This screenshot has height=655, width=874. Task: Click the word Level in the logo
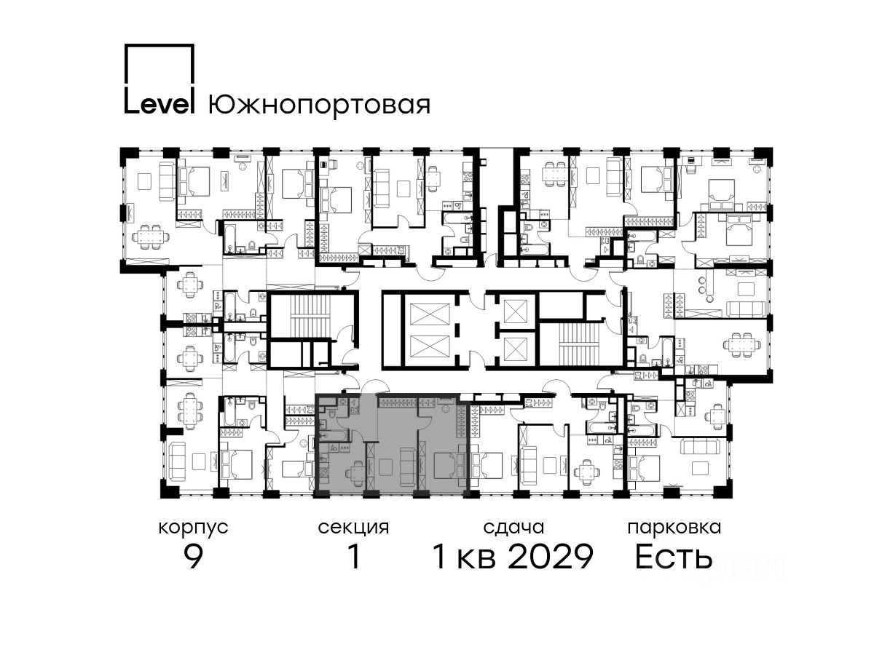point(160,105)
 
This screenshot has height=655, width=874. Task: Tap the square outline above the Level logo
point(160,45)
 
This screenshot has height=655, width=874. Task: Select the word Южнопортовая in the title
point(319,105)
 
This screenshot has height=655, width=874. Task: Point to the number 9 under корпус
point(194,557)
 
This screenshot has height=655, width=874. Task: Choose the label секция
point(353,528)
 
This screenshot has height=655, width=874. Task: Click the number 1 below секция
point(354,557)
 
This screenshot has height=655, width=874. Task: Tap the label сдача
point(513,528)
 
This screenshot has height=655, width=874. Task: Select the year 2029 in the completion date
point(551,557)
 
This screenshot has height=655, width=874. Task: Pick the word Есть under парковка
point(674,557)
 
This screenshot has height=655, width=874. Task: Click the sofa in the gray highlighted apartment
point(408,467)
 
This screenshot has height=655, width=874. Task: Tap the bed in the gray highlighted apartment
point(449,465)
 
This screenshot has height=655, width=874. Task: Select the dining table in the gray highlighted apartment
point(357,473)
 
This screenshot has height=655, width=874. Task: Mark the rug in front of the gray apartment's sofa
point(385,467)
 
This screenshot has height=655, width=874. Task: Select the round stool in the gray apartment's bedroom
point(445,408)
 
